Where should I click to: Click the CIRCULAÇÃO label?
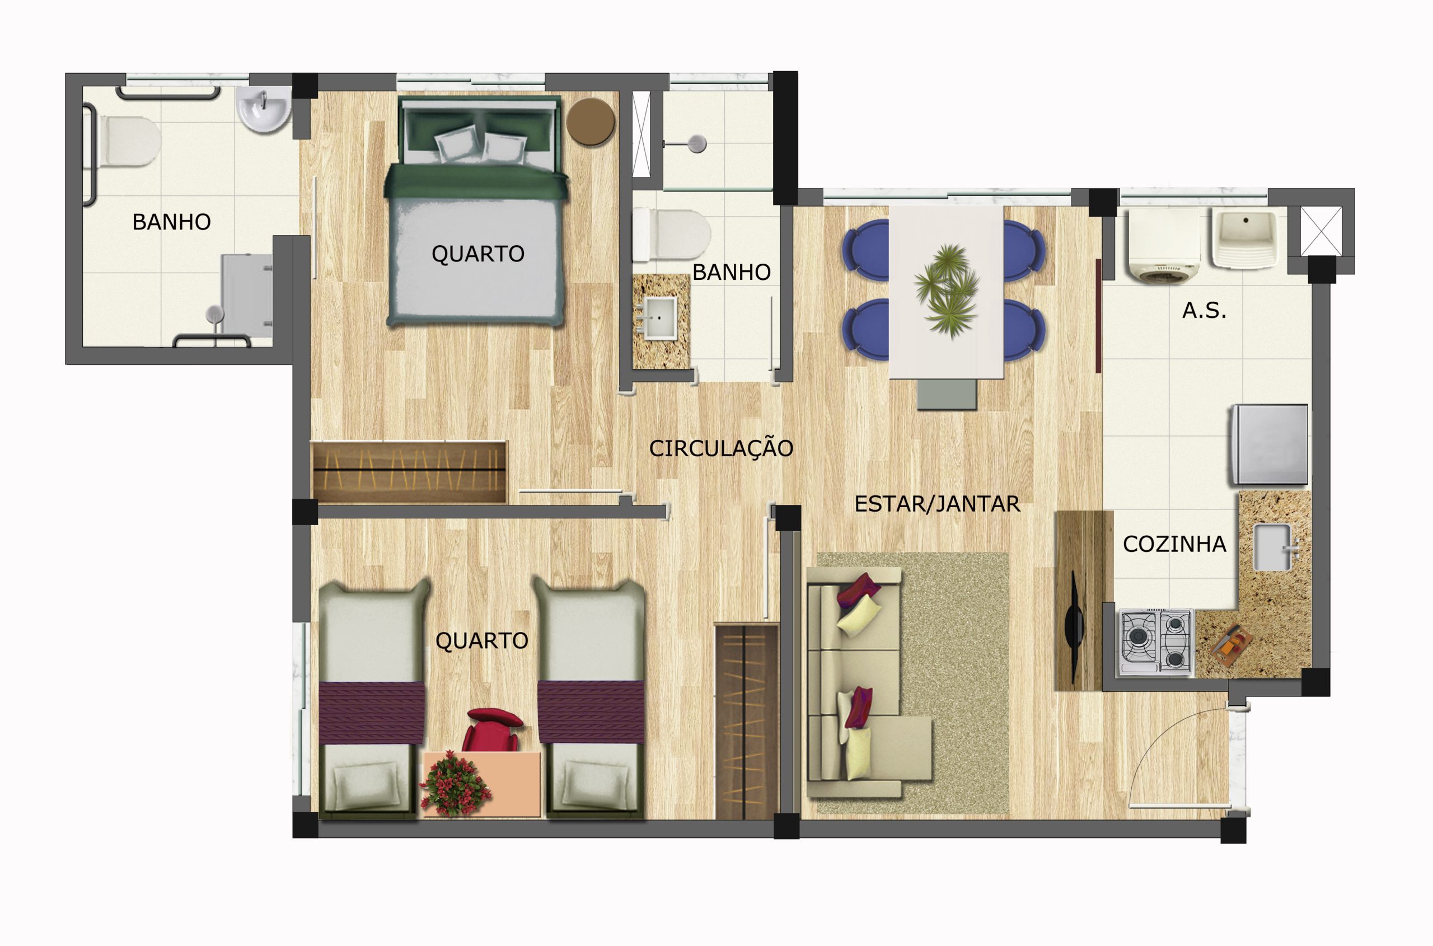pos(720,448)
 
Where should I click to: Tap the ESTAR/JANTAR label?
pos(937,504)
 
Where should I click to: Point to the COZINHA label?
pos(1174,544)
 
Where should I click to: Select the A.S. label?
pos(1203,311)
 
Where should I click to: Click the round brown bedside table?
pos(590,121)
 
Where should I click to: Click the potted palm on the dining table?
pos(946,289)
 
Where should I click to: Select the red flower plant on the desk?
pos(454,783)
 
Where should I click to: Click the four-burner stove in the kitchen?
pos(1156,642)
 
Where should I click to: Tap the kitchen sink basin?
pos(1272,546)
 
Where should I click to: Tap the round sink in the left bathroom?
pos(264,109)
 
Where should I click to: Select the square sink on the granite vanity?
pos(659,317)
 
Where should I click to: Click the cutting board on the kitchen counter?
pos(1230,645)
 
